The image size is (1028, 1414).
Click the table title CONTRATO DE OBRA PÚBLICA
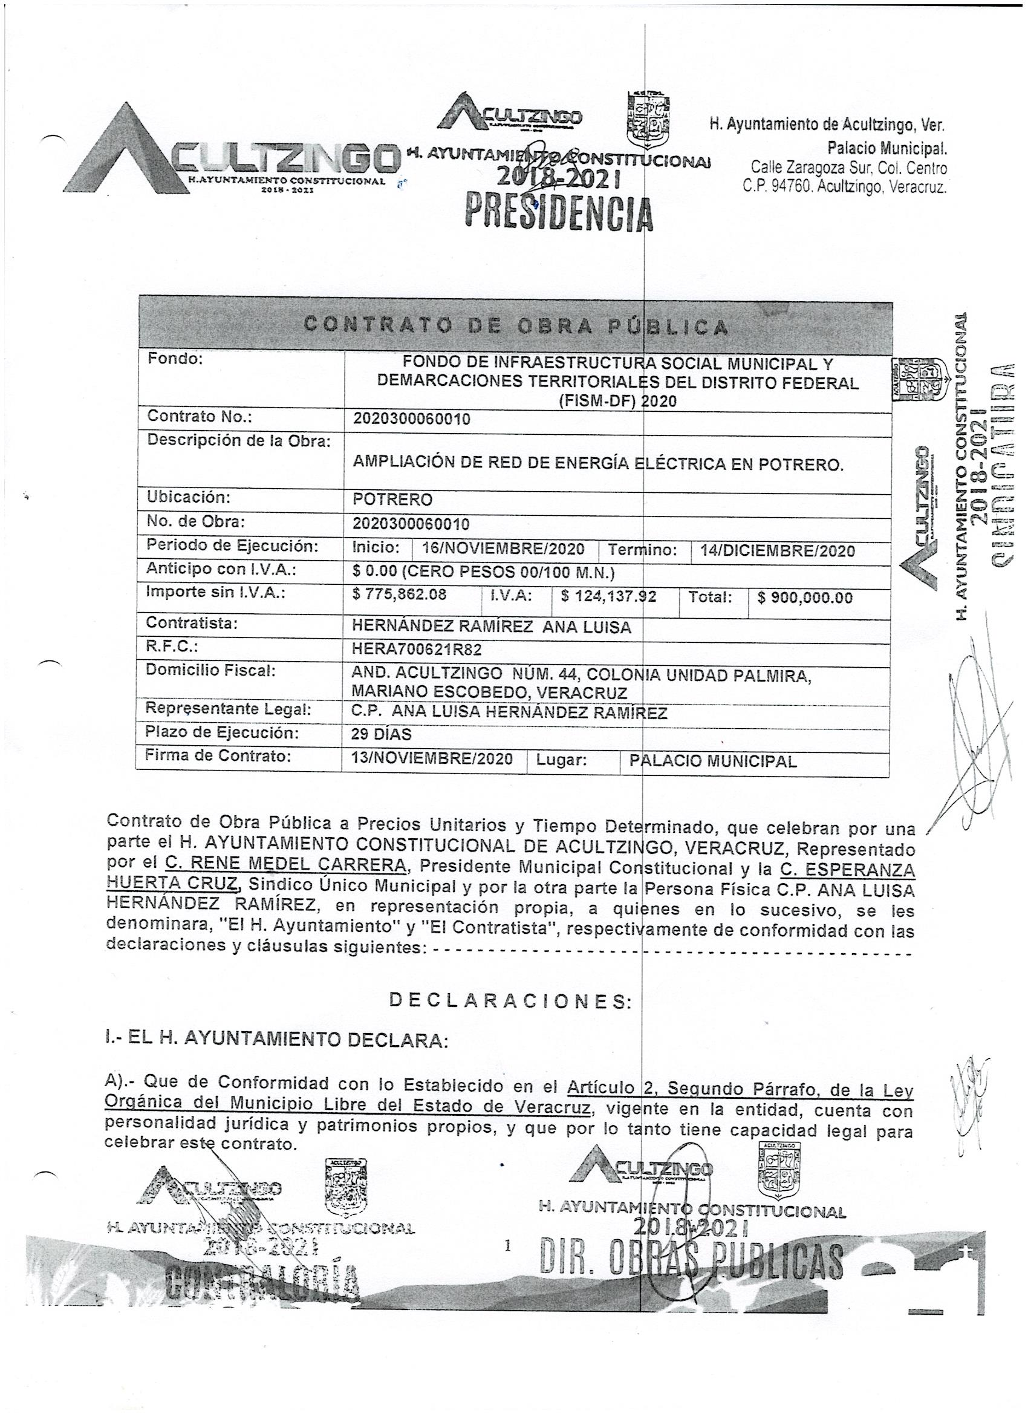516,326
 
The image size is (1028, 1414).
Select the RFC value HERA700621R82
417,650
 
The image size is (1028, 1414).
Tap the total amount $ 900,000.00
805,598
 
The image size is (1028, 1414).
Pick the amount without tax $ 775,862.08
400,594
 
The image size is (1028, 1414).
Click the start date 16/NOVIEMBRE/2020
503,549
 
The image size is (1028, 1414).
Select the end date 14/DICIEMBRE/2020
778,550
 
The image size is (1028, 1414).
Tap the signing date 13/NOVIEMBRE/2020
432,759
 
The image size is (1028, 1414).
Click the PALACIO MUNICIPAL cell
713,761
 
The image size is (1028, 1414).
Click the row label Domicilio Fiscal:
209,670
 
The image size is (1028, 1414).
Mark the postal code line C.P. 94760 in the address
845,185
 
